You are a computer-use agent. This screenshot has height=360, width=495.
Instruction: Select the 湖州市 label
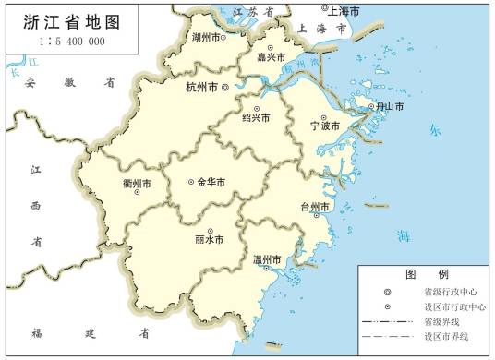pos(208,38)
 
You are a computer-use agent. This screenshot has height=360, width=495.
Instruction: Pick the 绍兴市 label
pos(256,117)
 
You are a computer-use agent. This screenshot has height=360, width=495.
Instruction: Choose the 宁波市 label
pos(324,125)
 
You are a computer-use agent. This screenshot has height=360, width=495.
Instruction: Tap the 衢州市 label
pos(138,184)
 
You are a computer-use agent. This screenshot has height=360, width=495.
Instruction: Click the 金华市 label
pos(211,182)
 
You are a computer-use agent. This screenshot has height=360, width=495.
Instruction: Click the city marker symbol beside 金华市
pos(190,182)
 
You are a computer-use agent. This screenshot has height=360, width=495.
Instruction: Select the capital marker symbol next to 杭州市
pos(224,88)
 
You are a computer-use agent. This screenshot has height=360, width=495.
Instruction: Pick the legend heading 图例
pos(426,274)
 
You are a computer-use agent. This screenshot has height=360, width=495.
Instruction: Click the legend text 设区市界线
pos(446,338)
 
